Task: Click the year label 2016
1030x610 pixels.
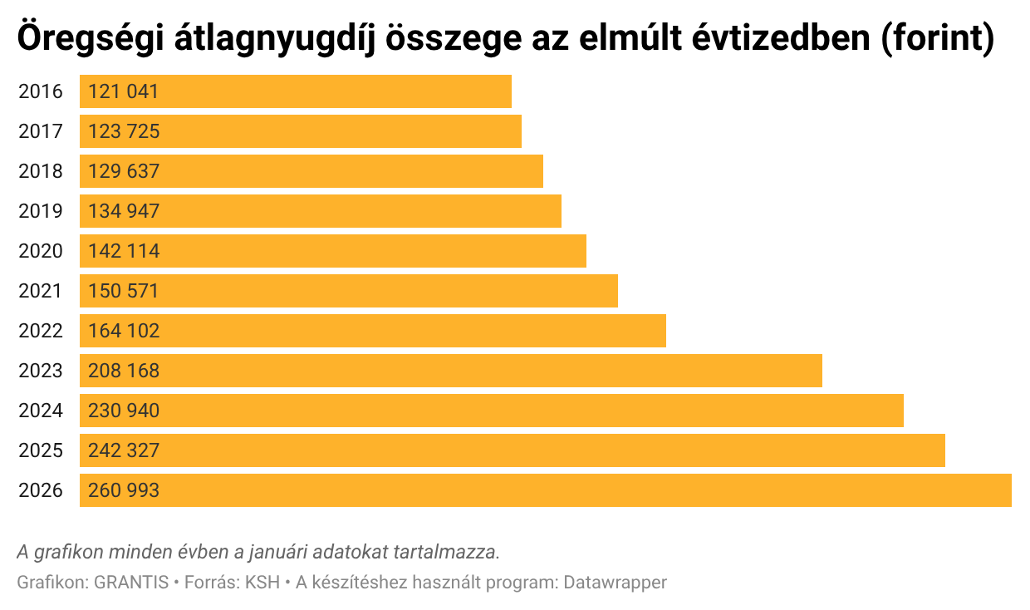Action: pos(41,91)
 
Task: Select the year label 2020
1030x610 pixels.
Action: pos(41,251)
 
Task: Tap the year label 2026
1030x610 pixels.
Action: pos(41,490)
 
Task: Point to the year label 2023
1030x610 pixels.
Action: pos(41,371)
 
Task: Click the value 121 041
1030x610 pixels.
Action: pos(123,91)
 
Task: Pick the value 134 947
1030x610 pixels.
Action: pos(123,211)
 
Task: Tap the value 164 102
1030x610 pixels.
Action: pos(123,331)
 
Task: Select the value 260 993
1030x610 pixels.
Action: pos(123,490)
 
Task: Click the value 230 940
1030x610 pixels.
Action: pos(123,411)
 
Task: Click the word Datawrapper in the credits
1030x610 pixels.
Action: pos(615,583)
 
